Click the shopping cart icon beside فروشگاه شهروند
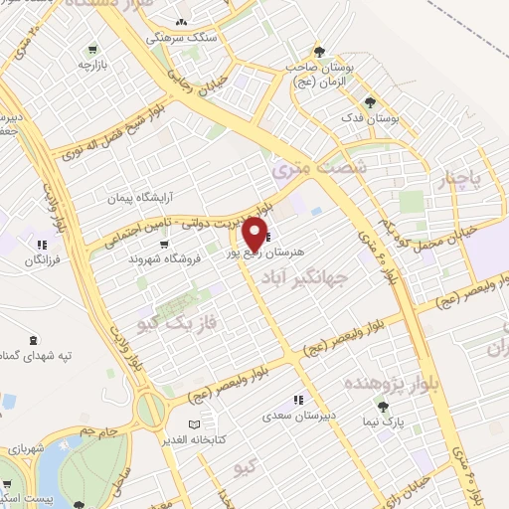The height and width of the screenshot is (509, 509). point(163,243)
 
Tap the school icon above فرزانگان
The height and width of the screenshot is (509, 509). point(41,244)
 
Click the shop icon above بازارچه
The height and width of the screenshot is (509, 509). point(92,48)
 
